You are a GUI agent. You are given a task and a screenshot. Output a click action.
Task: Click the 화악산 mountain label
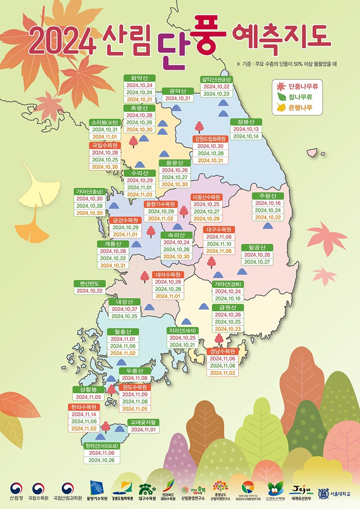click(139, 78)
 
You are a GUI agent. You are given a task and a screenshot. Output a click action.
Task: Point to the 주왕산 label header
click(268, 196)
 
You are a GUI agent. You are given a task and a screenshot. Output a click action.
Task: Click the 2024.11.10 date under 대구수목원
click(219, 244)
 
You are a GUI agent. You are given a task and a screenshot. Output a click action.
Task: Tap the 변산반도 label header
click(90, 283)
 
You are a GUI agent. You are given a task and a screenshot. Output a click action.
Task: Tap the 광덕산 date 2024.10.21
click(178, 98)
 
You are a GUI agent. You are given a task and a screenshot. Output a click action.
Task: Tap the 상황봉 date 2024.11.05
click(89, 397)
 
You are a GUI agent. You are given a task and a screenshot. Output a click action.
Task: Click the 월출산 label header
click(123, 332)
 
